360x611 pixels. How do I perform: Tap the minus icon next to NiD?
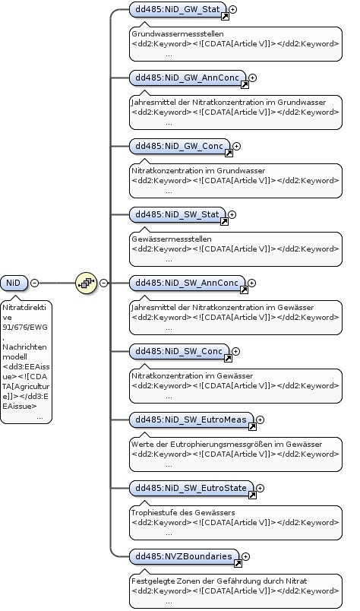(35, 283)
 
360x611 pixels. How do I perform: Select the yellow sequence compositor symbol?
(86, 283)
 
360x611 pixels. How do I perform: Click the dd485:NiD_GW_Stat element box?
(178, 9)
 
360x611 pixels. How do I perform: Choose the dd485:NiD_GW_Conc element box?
(179, 146)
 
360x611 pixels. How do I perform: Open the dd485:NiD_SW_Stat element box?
(178, 215)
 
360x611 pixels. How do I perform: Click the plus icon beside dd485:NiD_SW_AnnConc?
(251, 283)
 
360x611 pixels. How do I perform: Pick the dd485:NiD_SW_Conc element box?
(179, 352)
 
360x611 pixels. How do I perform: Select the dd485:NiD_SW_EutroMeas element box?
(191, 419)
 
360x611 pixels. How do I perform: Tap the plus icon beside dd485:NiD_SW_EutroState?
(261, 488)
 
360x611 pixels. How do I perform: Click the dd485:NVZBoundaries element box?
(184, 556)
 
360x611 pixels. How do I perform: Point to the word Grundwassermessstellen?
(178, 34)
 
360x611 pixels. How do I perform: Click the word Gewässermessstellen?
(172, 239)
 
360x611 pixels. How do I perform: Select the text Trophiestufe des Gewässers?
(183, 512)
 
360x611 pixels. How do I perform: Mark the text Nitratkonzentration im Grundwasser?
(198, 171)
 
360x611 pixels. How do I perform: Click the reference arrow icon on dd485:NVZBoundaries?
(238, 563)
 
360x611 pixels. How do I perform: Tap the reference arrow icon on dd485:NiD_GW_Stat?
(226, 17)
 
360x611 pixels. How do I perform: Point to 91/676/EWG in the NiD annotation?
(25, 328)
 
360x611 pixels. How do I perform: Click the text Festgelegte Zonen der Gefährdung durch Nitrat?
(219, 581)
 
